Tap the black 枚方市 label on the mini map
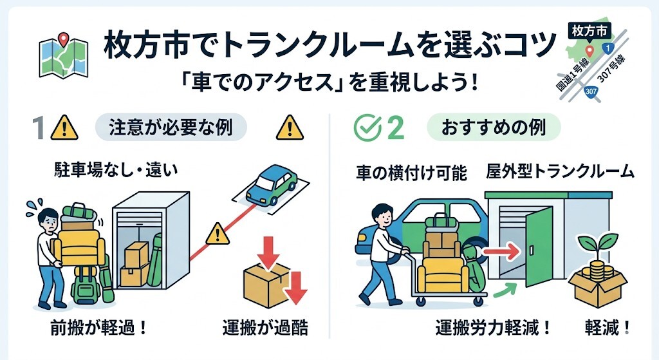pyautogui.click(x=590, y=29)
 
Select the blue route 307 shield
pyautogui.click(x=591, y=93)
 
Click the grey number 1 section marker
pyautogui.click(x=39, y=128)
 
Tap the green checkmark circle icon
pyautogui.click(x=366, y=128)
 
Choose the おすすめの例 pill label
pyautogui.click(x=494, y=128)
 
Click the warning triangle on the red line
pyautogui.click(x=219, y=231)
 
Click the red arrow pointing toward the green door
pyautogui.click(x=500, y=249)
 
